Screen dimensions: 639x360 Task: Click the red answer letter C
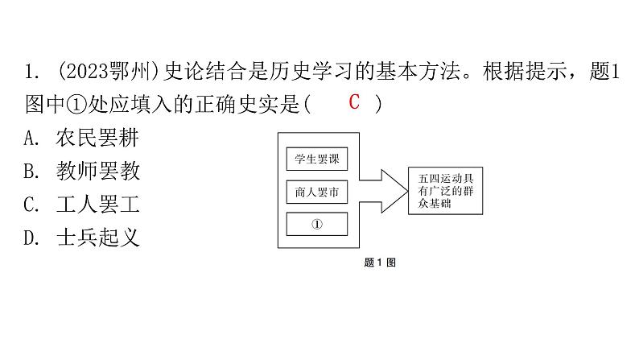354,102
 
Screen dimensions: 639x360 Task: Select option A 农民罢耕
81,138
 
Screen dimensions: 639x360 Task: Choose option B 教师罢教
81,171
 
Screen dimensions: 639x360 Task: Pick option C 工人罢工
81,205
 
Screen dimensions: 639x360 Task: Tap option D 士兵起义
81,238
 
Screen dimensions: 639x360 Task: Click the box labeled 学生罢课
317,159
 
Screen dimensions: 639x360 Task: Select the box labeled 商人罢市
317,192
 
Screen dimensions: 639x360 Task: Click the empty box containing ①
317,224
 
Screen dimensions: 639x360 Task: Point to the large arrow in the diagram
384,191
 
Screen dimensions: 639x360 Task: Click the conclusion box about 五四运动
445,191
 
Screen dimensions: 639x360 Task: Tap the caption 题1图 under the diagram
380,263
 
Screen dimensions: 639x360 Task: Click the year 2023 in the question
85,72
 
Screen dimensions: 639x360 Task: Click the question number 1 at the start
28,72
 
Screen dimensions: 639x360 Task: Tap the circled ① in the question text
76,105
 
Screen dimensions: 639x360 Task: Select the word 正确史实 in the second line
237,105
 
